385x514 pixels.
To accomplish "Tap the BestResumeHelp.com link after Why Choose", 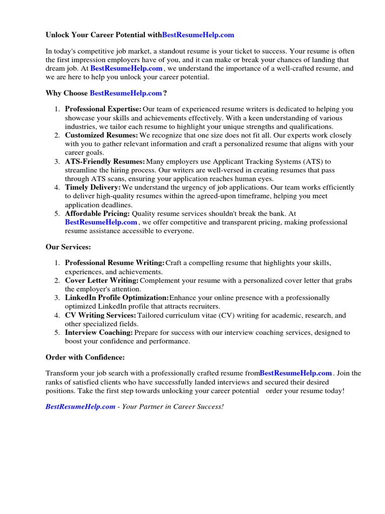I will [126, 93].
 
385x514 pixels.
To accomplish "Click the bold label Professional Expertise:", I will [103, 109].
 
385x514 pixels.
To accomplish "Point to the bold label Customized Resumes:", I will [101, 136].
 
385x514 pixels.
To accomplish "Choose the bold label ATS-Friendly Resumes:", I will [105, 162].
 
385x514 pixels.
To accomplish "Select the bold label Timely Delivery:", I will [93, 187].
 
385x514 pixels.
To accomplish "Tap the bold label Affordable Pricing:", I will [97, 213].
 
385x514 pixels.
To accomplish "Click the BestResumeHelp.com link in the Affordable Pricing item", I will [101, 222].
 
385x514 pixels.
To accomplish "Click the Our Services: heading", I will [68, 247].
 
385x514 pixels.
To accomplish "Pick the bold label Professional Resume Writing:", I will [115, 263].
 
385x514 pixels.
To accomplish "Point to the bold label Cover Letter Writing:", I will [102, 281].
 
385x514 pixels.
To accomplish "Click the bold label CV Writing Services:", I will [100, 315].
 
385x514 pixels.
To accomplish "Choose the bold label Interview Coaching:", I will [99, 332].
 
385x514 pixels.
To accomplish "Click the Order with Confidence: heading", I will [85, 357].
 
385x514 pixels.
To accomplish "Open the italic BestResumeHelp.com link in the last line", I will [80, 407].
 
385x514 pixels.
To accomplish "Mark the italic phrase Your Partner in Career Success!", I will [172, 407].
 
